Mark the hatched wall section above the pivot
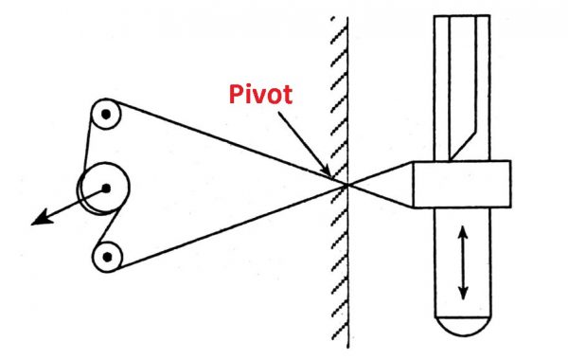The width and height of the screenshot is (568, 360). (x=337, y=95)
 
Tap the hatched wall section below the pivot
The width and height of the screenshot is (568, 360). (x=337, y=275)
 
